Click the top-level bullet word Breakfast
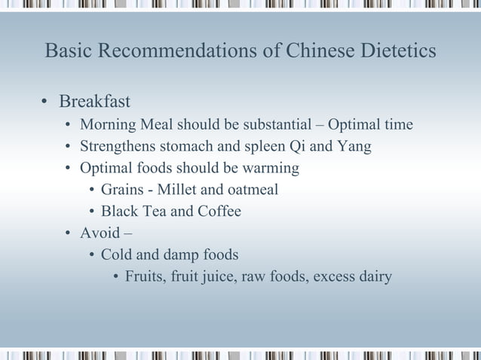[x=94, y=101]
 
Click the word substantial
[x=282, y=124]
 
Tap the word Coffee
[x=219, y=211]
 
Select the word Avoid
[x=99, y=233]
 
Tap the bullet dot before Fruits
[x=115, y=276]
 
